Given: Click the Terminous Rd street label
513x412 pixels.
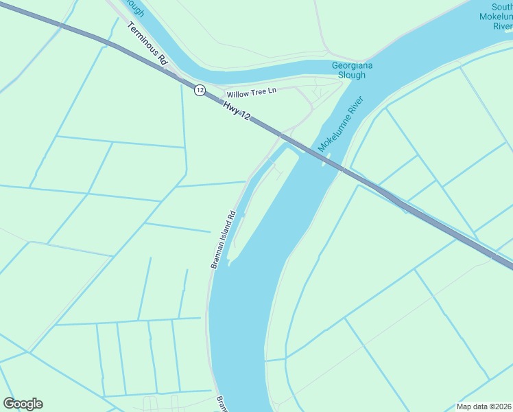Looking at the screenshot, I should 147,43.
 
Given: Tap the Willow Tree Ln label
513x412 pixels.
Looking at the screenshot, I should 251,91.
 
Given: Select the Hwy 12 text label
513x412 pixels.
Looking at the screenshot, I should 235,108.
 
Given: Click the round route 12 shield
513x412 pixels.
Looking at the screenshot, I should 200,90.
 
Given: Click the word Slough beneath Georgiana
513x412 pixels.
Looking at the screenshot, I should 353,75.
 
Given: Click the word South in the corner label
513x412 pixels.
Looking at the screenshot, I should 499,7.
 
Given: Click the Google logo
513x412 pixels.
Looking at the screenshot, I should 23,404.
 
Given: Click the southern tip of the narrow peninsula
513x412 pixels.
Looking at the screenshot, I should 230,262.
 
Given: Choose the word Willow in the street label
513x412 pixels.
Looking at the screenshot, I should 238,93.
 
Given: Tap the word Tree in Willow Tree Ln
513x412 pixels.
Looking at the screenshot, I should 258,91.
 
